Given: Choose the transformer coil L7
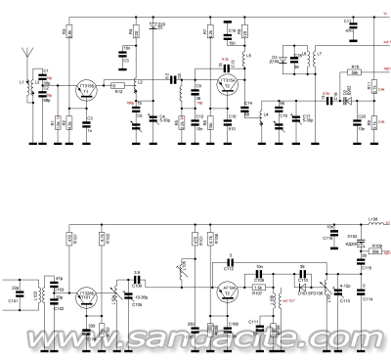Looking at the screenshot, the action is click(x=313, y=59).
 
